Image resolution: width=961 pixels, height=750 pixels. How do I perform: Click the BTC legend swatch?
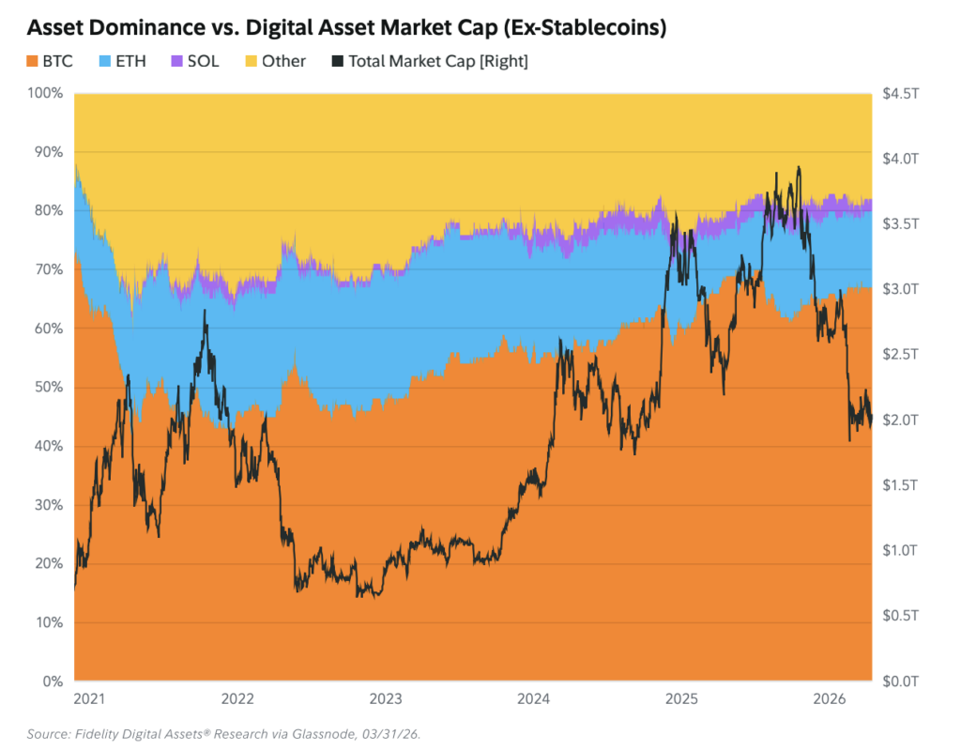point(32,61)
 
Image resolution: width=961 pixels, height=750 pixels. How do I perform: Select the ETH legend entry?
point(123,61)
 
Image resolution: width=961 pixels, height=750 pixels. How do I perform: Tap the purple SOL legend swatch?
point(176,61)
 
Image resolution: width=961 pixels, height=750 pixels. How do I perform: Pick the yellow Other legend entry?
point(275,61)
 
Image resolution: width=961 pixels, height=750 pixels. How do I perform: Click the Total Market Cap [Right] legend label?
point(438,61)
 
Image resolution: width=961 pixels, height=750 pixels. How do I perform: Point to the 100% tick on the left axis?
point(45,93)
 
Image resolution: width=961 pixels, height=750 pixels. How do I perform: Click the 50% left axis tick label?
point(49,387)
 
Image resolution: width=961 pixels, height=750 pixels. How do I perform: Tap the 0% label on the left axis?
point(53,681)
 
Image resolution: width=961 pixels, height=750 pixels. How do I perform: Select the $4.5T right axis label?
point(900,93)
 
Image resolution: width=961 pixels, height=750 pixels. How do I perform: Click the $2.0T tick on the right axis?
point(900,421)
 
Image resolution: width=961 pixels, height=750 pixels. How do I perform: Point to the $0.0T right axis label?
point(900,681)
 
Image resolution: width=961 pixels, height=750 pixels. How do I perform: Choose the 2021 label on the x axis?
point(89,698)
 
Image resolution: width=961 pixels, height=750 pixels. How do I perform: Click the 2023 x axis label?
point(386,698)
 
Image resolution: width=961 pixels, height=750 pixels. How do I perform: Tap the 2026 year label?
point(830,698)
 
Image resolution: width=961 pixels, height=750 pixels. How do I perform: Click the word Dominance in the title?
point(160,27)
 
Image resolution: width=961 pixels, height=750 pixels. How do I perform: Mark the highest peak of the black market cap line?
point(799,167)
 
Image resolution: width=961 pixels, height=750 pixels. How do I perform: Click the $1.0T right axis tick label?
point(900,550)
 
